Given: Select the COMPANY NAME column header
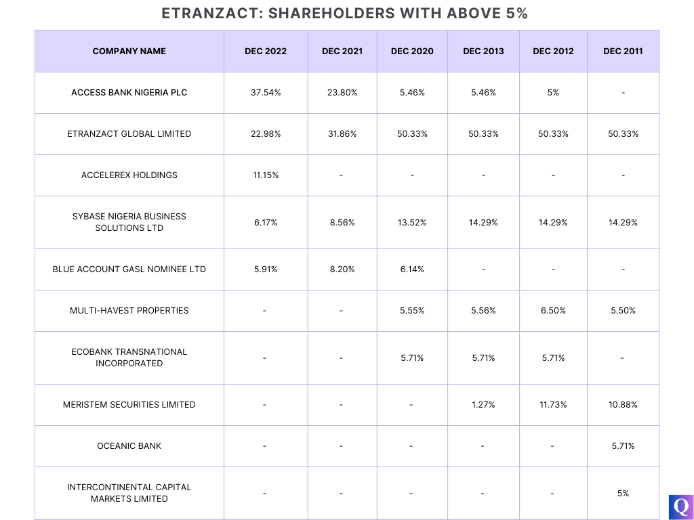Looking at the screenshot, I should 129,51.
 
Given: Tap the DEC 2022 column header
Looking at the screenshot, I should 266,51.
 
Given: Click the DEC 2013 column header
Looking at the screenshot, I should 483,51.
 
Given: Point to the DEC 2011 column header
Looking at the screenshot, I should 623,51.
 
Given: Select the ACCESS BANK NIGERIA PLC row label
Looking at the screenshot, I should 129,92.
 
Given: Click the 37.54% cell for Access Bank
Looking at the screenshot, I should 266,92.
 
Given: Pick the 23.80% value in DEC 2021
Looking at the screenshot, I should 342,92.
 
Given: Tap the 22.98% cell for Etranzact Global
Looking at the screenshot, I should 266,133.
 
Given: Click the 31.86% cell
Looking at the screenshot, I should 342,133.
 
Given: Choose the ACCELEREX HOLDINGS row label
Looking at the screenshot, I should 129,175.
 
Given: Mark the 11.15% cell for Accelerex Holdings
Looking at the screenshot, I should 266,175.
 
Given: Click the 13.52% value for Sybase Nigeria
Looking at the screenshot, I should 412,222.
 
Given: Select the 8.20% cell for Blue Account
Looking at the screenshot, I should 342,269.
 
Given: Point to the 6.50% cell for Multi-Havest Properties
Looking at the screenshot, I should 553,310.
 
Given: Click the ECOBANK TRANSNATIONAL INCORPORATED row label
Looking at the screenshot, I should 129,357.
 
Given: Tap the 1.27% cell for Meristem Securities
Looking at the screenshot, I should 483,404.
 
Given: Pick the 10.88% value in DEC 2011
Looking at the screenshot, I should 623,404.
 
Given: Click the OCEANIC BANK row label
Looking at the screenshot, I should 129,446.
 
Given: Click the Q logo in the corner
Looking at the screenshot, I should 680,506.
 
